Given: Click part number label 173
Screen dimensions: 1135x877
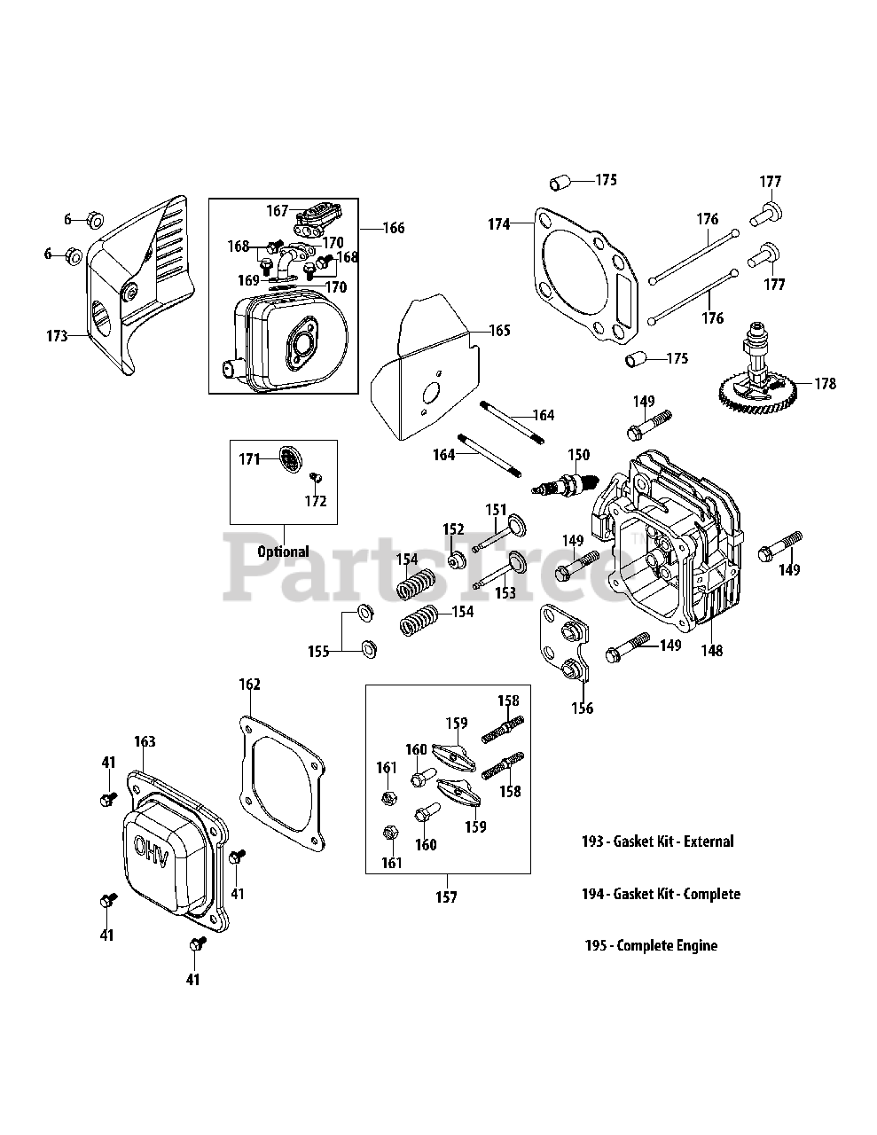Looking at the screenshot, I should (58, 336).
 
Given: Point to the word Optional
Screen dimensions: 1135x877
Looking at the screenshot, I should (283, 552).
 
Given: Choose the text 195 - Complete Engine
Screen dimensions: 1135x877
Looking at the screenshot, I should (651, 945).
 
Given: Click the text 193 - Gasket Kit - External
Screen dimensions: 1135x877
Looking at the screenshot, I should (657, 841).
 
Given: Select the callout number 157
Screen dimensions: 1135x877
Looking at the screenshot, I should (446, 897).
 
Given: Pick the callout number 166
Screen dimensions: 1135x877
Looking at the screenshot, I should (393, 228).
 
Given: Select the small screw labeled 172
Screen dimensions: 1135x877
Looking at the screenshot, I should (314, 479).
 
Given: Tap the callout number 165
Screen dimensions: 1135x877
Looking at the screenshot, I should (500, 331).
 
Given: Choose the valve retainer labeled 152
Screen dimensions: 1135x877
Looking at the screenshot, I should (458, 560).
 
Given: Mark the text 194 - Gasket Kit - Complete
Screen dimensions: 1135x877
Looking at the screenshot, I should (661, 894).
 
